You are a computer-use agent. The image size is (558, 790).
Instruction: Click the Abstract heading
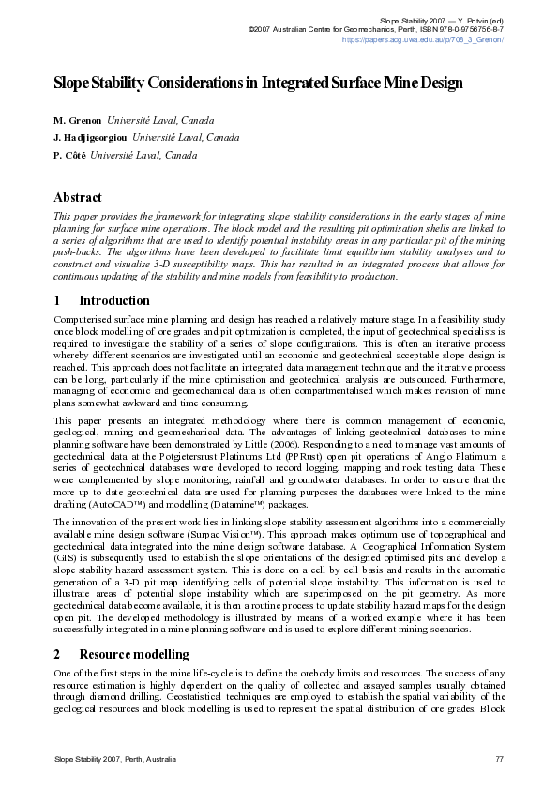point(78,198)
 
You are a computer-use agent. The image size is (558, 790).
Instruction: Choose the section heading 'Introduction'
point(114,301)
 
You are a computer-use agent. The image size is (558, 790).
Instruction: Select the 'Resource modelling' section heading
point(134,654)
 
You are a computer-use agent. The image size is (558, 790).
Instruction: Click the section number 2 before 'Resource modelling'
point(57,654)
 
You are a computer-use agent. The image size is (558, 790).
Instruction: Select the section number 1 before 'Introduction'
point(57,301)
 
